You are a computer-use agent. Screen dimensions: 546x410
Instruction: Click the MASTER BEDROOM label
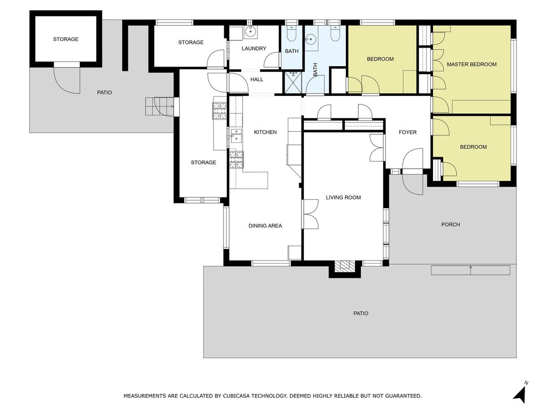471,64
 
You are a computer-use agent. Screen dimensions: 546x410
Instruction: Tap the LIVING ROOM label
343,197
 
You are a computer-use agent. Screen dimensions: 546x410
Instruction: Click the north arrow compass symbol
520,392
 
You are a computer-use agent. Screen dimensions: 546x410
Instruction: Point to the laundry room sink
250,32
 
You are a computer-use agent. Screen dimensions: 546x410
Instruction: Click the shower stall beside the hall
293,83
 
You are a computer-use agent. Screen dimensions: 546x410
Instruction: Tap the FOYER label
407,132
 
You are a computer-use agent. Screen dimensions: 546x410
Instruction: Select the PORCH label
451,224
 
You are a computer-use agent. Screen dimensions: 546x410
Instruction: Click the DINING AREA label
265,225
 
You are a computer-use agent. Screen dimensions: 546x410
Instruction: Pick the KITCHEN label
266,132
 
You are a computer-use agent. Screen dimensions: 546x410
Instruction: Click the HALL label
257,79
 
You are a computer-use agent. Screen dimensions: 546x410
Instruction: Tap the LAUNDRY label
254,49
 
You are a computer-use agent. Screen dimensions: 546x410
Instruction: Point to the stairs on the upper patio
159,106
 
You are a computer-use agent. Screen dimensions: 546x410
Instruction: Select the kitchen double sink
236,135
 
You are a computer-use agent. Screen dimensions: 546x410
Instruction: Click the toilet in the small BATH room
292,33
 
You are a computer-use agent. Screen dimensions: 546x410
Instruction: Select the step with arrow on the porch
470,270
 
